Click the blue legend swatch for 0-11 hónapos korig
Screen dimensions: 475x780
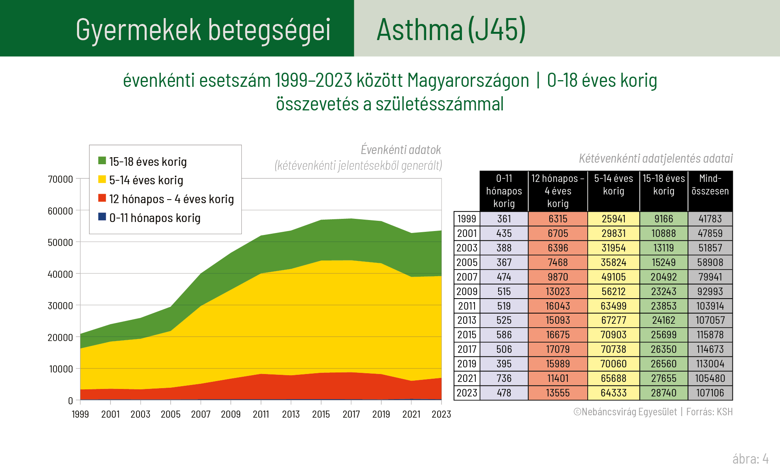[x=102, y=217]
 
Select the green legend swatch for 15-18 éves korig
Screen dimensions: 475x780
[x=102, y=161]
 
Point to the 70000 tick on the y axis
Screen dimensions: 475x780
[x=60, y=179]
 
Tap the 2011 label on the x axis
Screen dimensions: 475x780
[x=261, y=414]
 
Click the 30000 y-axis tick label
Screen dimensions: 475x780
[x=60, y=306]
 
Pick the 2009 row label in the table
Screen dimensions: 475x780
[x=467, y=292]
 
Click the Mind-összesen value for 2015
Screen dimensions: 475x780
[x=710, y=335]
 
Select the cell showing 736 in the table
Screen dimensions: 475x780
[x=504, y=378]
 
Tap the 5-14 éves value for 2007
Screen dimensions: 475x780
[x=613, y=277]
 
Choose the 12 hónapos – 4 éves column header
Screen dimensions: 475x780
[x=557, y=191]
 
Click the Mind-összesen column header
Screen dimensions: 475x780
[x=710, y=185]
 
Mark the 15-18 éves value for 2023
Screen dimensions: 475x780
[x=664, y=393]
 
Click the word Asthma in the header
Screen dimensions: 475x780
[x=419, y=30]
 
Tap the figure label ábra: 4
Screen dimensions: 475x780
[x=750, y=458]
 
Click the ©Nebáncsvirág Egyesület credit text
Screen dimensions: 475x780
[x=625, y=412]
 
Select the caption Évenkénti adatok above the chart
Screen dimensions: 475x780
[x=401, y=150]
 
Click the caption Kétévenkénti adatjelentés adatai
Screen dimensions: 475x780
[x=656, y=158]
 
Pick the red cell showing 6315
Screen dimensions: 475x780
[x=557, y=219]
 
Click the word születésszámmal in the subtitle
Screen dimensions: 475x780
[x=439, y=104]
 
